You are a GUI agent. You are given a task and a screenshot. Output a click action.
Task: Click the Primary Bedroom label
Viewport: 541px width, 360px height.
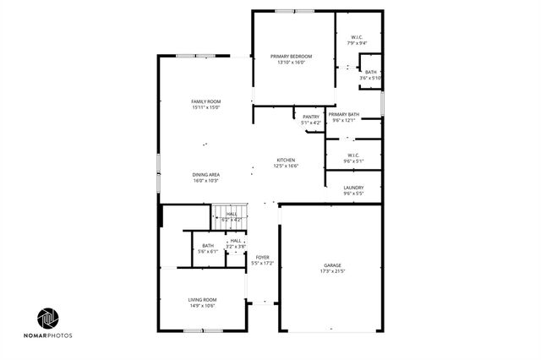286,56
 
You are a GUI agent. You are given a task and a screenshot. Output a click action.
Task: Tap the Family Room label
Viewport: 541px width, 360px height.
205,101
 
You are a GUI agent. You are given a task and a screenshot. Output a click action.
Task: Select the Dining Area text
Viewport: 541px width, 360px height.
205,174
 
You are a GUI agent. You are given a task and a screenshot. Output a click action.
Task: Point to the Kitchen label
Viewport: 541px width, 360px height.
286,160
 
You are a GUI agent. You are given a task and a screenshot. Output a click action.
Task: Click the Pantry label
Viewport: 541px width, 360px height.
310,117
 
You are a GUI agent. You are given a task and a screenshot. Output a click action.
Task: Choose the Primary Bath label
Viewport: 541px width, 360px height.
344,114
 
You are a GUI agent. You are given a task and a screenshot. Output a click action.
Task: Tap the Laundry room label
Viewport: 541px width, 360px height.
353,188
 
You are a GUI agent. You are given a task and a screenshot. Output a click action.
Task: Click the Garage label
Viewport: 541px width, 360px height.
332,265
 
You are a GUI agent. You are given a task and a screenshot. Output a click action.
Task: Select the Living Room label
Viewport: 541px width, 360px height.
202,299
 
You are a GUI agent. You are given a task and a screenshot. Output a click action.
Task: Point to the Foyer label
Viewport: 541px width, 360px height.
263,257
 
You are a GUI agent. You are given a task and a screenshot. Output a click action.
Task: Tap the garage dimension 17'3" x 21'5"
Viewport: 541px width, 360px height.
332,271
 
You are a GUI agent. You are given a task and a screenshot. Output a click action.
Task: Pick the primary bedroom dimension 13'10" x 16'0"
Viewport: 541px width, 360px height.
286,62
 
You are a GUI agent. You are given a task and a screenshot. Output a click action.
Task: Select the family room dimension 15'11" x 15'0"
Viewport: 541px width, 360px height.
205,107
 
